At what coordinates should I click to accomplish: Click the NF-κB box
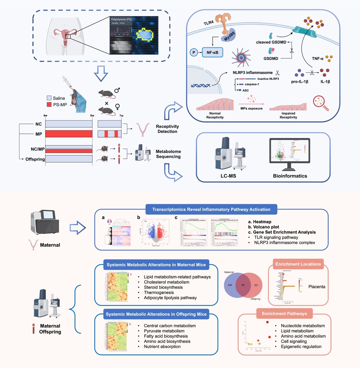click(212, 52)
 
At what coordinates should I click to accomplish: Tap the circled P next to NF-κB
click(194, 52)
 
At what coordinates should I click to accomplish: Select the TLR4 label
click(209, 23)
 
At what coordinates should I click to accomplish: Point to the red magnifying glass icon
click(320, 103)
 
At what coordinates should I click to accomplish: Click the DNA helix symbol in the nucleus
click(200, 85)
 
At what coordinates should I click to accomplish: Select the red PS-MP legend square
click(49, 105)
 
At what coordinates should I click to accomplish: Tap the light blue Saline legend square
click(49, 98)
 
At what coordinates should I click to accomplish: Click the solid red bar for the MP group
click(69, 134)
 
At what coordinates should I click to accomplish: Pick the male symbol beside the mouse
click(117, 90)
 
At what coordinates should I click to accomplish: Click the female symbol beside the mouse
click(117, 107)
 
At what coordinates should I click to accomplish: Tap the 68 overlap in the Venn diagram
click(243, 285)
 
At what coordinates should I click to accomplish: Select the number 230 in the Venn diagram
click(230, 285)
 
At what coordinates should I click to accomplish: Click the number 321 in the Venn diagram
click(256, 285)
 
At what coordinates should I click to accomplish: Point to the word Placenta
click(317, 287)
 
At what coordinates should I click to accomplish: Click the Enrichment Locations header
click(298, 264)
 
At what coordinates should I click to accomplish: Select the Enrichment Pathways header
click(284, 314)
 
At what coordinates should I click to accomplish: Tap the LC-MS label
click(228, 176)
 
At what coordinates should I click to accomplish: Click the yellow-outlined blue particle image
click(145, 35)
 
